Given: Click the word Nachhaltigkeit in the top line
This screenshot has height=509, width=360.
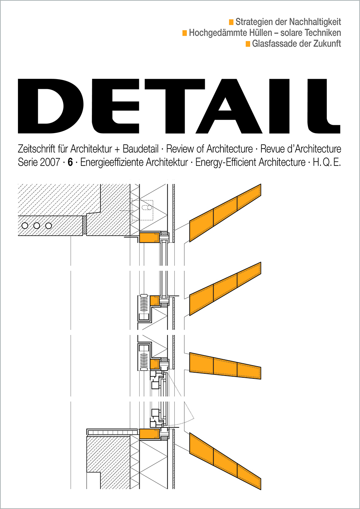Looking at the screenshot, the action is [315, 22].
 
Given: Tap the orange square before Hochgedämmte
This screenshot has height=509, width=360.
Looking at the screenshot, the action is [184, 33].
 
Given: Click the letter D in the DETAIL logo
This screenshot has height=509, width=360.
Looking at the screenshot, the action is [51, 106].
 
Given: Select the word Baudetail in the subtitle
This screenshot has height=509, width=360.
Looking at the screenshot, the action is [140, 149].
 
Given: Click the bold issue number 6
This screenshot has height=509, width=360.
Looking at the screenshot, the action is [70, 163].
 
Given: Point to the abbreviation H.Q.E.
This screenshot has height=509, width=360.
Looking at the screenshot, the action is [327, 163].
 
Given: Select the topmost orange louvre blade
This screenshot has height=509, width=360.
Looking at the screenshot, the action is [225, 213].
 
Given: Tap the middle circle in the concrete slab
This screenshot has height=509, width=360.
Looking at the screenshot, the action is [37, 226].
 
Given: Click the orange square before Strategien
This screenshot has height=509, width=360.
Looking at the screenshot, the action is [231, 22].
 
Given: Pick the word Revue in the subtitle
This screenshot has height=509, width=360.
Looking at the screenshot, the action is [271, 149].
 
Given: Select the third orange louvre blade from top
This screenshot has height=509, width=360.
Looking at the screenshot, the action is [225, 366].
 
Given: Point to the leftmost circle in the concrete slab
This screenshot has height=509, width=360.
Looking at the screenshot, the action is [25, 226].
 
